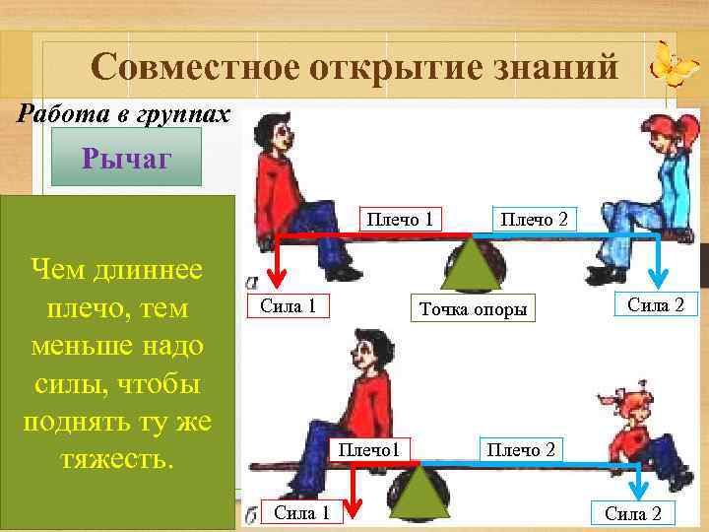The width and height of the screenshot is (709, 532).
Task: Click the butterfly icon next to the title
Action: pyautogui.click(x=676, y=65)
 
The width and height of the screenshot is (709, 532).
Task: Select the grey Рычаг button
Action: pyautogui.click(x=127, y=159)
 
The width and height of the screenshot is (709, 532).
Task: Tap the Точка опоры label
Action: pyautogui.click(x=473, y=309)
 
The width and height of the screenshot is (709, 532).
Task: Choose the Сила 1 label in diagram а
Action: pyautogui.click(x=288, y=305)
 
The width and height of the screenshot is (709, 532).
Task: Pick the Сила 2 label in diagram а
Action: pyautogui.click(x=656, y=304)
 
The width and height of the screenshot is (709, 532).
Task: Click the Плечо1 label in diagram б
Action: pyautogui.click(x=367, y=450)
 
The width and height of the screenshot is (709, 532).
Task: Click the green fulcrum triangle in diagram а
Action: pyautogui.click(x=472, y=264)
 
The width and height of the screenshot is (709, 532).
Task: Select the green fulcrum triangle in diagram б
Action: pyautogui.click(x=421, y=490)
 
